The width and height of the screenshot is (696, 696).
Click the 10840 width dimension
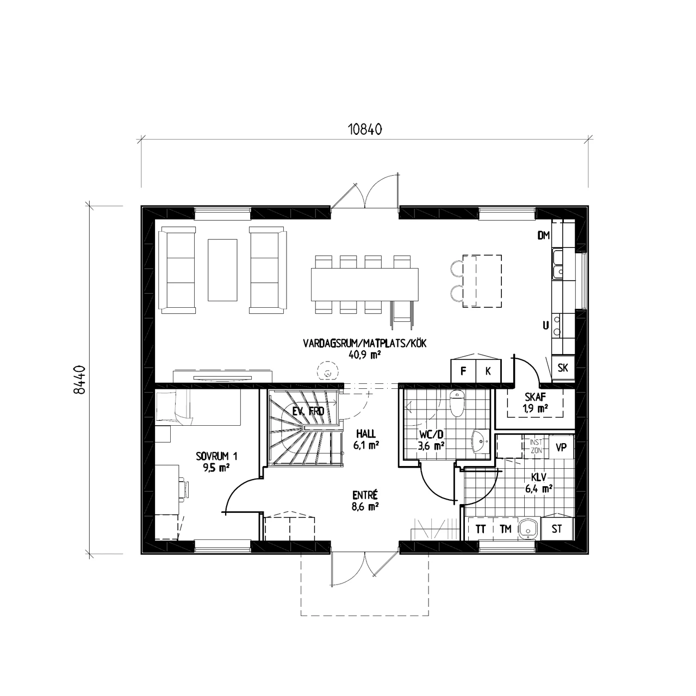pyautogui.click(x=364, y=129)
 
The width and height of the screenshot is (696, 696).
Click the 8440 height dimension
pyautogui.click(x=79, y=380)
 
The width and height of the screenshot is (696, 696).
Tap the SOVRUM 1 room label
pyautogui.click(x=217, y=456)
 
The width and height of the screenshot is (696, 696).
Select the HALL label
pyautogui.click(x=366, y=433)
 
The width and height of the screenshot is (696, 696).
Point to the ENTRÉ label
pyautogui.click(x=365, y=494)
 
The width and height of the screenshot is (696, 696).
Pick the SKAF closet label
pyautogui.click(x=535, y=397)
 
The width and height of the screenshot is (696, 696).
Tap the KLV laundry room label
pyautogui.click(x=539, y=477)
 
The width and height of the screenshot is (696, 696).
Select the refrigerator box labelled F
pyautogui.click(x=463, y=371)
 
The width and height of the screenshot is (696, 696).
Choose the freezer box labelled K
pyautogui.click(x=488, y=371)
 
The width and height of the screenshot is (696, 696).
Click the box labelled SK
pyautogui.click(x=563, y=368)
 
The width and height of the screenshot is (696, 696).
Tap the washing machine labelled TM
pyautogui.click(x=505, y=529)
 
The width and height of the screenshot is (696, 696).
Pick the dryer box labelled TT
pyautogui.click(x=480, y=529)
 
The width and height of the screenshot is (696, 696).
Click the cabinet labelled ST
pyautogui.click(x=557, y=529)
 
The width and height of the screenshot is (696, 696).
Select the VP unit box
pyautogui.click(x=561, y=447)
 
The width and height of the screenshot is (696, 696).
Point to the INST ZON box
pyautogui.click(x=536, y=446)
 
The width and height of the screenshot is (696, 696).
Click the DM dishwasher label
pyautogui.click(x=543, y=235)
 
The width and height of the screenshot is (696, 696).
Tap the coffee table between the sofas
pyautogui.click(x=222, y=270)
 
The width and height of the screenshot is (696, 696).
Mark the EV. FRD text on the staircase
pyautogui.click(x=308, y=411)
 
